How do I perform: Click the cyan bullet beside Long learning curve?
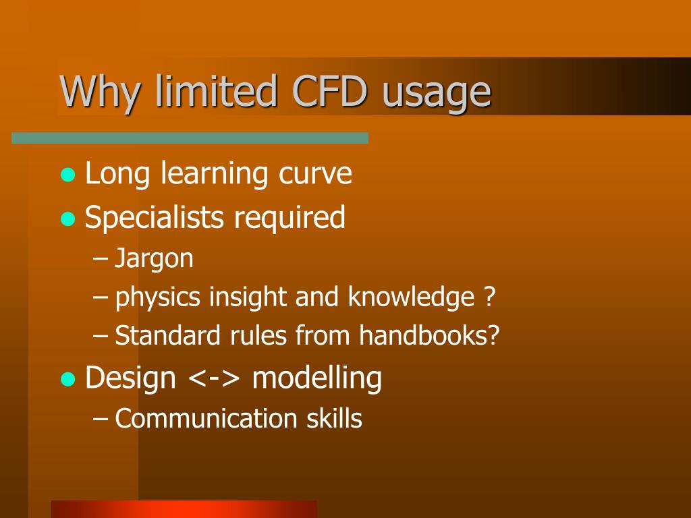click(67, 175)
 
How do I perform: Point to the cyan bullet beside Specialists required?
click(67, 219)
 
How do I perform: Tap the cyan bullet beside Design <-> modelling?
click(67, 379)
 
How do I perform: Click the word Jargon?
click(154, 259)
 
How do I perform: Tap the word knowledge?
click(412, 298)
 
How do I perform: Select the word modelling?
click(316, 378)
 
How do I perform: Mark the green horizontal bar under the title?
click(190, 138)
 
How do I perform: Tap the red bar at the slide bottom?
click(184, 509)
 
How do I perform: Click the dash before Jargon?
click(101, 259)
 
